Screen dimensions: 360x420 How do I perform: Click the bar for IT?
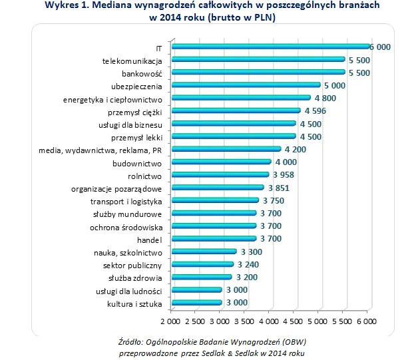click(271, 47)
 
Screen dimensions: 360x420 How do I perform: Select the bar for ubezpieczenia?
click(246, 85)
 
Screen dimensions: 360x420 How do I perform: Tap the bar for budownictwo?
click(222, 162)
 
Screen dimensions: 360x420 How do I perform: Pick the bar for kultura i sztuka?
click(197, 302)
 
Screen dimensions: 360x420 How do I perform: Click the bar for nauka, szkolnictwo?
click(204, 252)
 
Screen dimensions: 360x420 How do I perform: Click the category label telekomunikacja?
click(132, 61)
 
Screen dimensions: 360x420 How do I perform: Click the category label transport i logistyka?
click(126, 201)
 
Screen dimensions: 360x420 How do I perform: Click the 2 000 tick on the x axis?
click(172, 321)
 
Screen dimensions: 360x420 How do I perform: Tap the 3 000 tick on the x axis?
click(221, 321)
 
